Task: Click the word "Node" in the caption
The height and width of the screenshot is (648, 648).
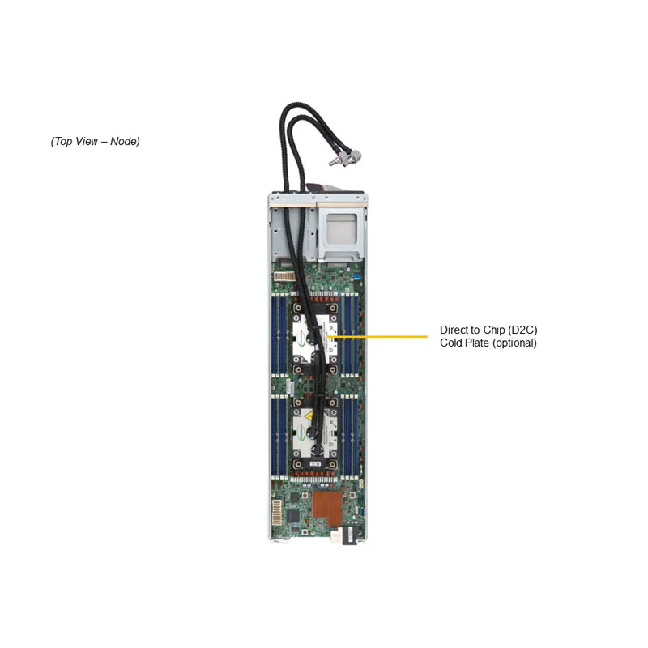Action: tap(123, 141)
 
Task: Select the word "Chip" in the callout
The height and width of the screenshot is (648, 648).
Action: tap(494, 330)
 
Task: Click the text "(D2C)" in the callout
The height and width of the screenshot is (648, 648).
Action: tap(522, 330)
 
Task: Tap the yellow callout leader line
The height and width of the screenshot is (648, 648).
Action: tap(378, 336)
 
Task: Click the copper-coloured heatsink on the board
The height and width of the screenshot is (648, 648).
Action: tap(327, 509)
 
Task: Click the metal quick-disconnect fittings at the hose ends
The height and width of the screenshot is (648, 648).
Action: tap(344, 157)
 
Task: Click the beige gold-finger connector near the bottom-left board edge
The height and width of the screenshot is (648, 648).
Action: tap(276, 512)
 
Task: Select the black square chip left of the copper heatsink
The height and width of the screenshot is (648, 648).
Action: tap(293, 515)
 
